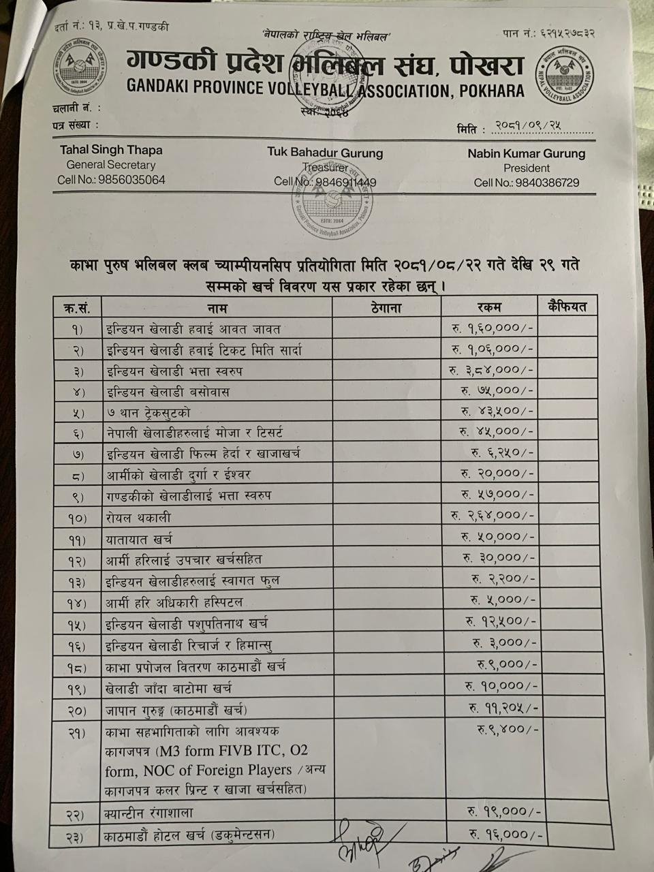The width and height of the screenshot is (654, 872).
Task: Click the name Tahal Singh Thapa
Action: click(111, 150)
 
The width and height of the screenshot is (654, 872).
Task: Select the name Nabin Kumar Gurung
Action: click(526, 153)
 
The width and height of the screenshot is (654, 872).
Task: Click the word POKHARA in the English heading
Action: click(492, 90)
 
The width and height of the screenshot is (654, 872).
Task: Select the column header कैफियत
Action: click(567, 307)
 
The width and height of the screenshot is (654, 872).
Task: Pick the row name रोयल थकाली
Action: click(139, 518)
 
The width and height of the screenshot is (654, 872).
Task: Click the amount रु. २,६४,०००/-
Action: click(492, 515)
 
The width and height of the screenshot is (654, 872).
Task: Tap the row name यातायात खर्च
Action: click(139, 539)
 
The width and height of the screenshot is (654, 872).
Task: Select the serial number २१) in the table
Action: click(76, 732)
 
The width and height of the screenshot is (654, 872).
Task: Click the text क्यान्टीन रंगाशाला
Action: click(149, 813)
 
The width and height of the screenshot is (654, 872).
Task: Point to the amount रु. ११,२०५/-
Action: click(503, 708)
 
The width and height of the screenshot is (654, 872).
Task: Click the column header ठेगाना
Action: click(386, 307)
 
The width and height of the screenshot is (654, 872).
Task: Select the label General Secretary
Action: click(111, 165)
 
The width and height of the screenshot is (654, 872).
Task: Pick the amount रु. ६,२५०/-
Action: click(503, 452)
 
